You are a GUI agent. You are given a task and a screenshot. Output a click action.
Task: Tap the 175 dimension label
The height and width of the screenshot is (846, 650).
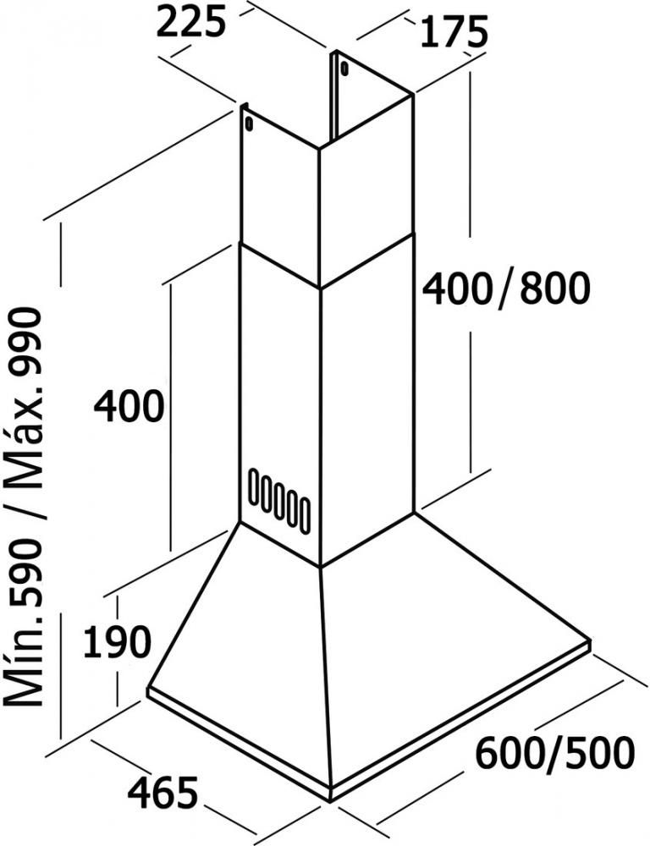(454, 32)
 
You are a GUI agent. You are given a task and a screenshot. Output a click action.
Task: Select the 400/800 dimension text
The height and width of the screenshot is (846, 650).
(505, 288)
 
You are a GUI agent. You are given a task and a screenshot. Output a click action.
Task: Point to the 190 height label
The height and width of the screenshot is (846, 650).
(117, 641)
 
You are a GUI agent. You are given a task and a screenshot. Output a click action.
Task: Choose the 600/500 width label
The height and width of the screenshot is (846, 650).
(554, 753)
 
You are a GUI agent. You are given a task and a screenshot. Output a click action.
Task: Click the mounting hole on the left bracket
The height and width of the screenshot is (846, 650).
(248, 123)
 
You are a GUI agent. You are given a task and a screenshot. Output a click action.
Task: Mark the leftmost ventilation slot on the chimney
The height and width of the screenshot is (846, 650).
(254, 486)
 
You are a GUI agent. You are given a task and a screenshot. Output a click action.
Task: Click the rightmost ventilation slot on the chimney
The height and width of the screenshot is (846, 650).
(305, 518)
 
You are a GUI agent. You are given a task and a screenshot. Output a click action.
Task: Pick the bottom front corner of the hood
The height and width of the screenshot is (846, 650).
(330, 800)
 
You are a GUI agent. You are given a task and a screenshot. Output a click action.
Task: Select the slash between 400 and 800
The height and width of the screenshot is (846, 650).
(505, 291)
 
